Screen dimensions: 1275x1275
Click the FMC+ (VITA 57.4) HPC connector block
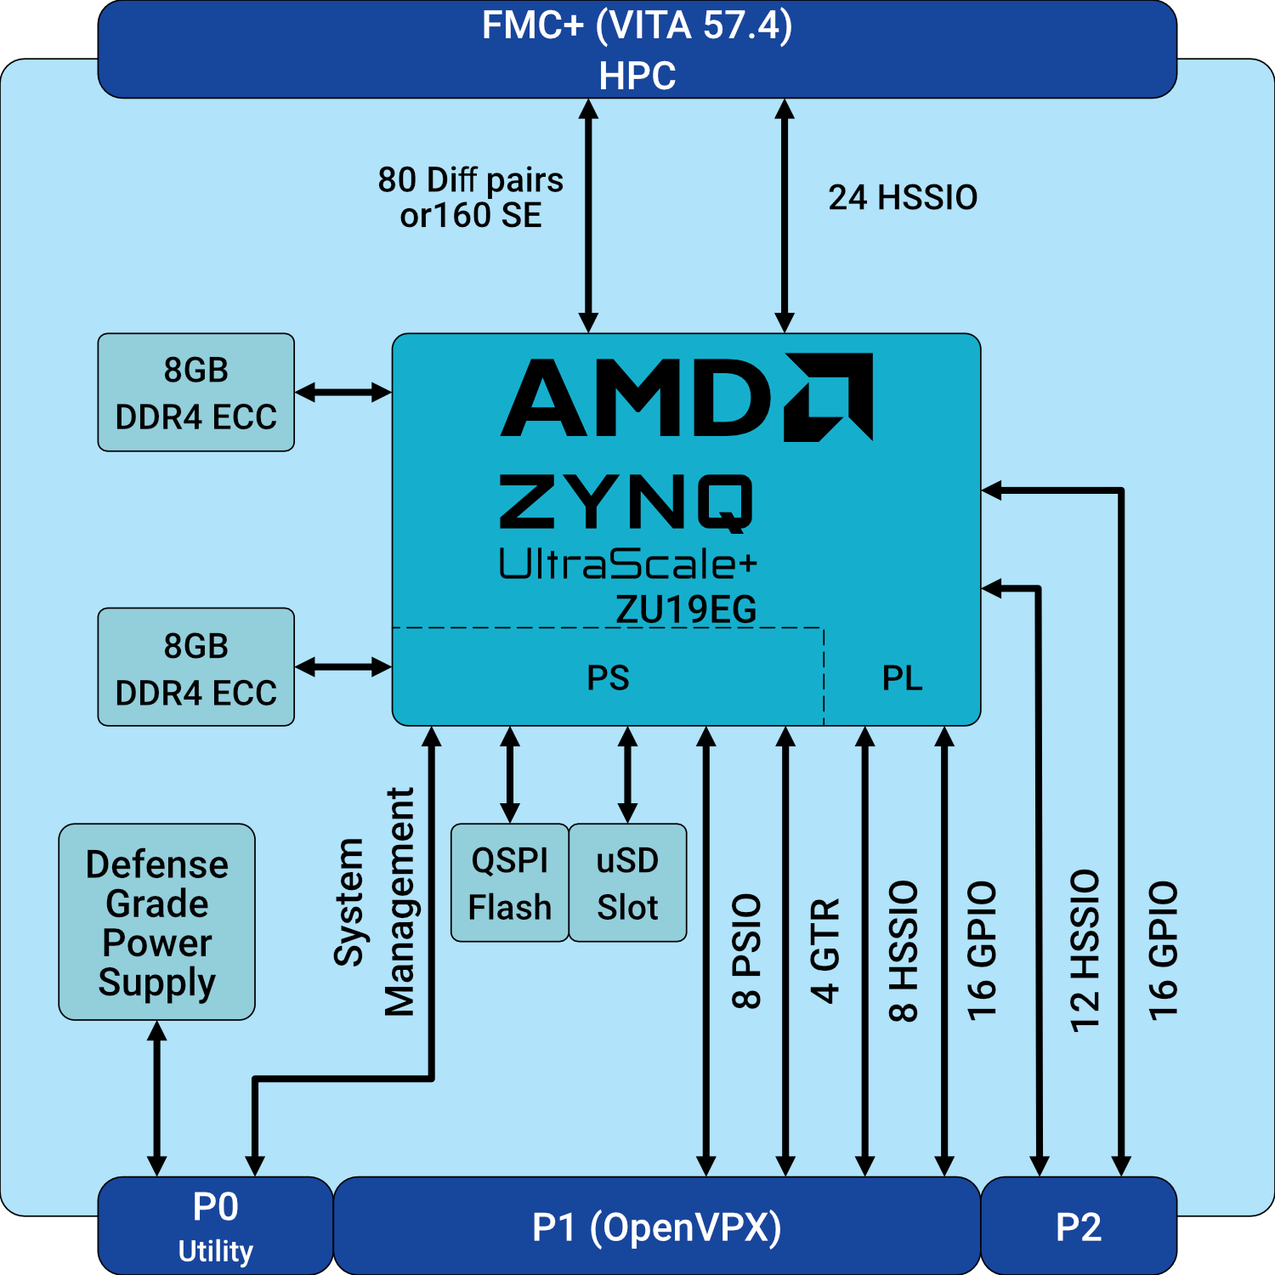pos(637,49)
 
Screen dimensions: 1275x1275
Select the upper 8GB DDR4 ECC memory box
pos(196,393)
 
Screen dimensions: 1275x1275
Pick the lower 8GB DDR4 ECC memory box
pos(196,667)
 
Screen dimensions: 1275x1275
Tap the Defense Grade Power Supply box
pos(157,922)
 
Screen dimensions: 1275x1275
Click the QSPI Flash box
pos(510,883)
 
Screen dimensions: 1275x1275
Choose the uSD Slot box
pos(627,883)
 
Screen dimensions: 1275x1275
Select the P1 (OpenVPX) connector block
pos(657,1226)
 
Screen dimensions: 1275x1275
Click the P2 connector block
pos(1079,1226)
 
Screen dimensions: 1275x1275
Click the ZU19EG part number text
pos(686,609)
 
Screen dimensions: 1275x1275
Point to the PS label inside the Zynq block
pos(609,677)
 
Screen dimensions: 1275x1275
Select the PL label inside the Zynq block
pos(902,677)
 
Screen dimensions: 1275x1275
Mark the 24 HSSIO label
pos(903,197)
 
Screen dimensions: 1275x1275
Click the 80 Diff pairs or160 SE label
pos(471,197)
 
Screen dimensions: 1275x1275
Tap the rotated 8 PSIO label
pos(746,950)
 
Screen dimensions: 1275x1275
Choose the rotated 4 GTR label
pos(825,950)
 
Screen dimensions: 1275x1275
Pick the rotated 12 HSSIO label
pos(1085,950)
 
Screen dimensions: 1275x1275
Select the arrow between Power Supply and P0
pos(157,1098)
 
